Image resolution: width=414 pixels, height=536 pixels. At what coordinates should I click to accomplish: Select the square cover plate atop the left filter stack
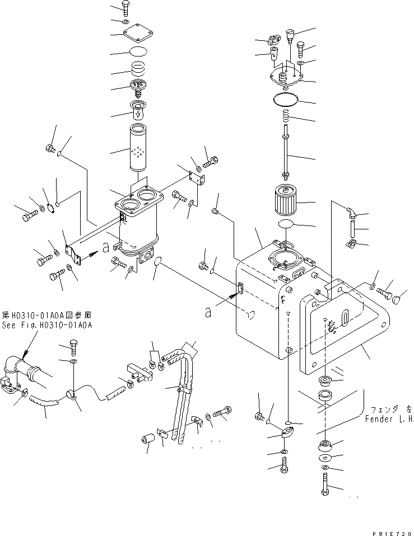click(x=138, y=33)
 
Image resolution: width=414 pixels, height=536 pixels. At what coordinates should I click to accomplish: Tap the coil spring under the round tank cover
click(x=285, y=118)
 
